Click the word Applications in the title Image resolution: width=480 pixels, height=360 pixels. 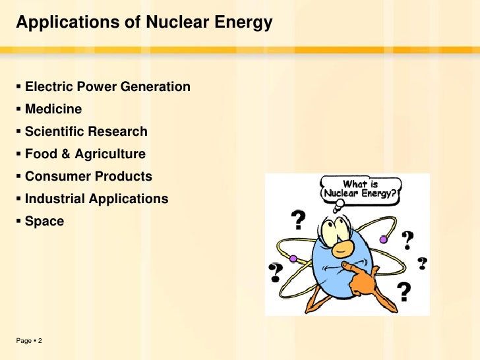(x=61, y=23)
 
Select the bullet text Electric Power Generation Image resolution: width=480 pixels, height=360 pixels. (x=107, y=86)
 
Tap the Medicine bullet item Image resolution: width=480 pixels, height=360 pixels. (x=53, y=109)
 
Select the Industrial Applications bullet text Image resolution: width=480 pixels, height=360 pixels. (x=96, y=198)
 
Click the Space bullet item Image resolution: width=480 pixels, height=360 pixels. (x=44, y=221)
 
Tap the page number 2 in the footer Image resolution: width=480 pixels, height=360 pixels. (x=40, y=341)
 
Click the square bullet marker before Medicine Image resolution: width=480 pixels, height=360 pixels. (x=19, y=109)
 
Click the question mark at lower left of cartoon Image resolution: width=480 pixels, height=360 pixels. (x=275, y=270)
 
